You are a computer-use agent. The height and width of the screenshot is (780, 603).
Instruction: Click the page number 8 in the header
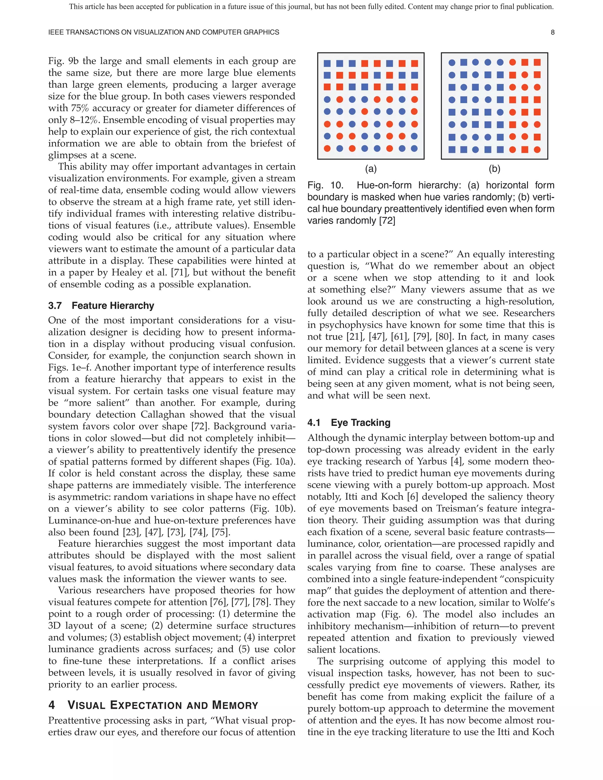pos(552,32)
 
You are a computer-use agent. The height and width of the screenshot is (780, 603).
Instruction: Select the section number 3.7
pos(55,306)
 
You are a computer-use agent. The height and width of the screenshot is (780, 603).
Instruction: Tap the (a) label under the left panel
pos(370,169)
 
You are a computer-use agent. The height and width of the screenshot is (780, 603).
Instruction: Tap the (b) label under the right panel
pos(494,169)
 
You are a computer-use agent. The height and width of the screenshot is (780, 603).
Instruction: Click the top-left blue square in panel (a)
pos(327,64)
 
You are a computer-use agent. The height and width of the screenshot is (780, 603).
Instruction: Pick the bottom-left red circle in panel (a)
pos(327,148)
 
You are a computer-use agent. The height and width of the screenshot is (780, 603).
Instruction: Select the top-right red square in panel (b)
pos(537,62)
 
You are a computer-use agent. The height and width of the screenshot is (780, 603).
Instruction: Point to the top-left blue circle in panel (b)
pos(452,62)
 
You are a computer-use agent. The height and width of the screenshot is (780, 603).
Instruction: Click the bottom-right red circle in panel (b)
pos(537,149)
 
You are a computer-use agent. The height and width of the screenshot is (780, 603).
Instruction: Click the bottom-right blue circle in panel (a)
pos(414,148)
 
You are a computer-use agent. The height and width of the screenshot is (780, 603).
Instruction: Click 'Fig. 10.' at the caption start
pos(325,185)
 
